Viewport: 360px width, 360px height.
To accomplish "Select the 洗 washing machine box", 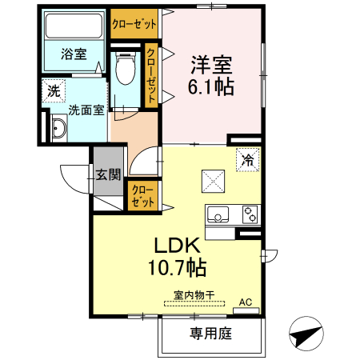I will click(x=53, y=90).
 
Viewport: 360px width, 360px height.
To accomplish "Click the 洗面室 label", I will click(x=86, y=110).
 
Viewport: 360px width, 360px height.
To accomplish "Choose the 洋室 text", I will click(x=212, y=62).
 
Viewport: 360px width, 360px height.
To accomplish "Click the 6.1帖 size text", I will click(x=212, y=86).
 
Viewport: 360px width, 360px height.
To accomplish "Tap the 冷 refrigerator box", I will click(x=247, y=161).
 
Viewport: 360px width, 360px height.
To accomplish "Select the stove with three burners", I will click(x=250, y=214).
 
